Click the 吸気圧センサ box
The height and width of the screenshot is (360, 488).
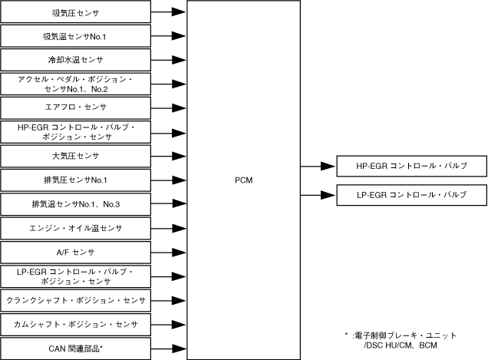(76, 12)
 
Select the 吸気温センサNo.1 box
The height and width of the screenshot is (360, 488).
(76, 36)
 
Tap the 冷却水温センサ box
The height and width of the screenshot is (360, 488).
(76, 60)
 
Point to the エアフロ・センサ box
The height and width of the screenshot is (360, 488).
(76, 107)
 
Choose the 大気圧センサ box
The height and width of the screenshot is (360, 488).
(76, 156)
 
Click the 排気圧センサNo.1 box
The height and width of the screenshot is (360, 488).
(76, 180)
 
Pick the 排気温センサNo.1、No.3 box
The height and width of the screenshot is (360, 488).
(76, 204)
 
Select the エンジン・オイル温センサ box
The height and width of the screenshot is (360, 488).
(76, 228)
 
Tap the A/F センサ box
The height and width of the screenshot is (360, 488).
(76, 252)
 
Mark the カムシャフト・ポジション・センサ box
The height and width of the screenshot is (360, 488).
(76, 324)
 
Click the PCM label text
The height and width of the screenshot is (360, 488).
(244, 180)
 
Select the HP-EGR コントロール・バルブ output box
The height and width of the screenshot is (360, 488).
(412, 166)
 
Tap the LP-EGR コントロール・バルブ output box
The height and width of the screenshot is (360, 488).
(412, 195)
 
